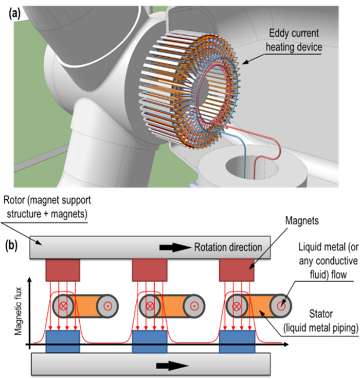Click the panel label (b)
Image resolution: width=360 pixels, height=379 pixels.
pyautogui.click(x=14, y=242)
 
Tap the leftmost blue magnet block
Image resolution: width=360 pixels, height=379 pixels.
pyautogui.click(x=63, y=342)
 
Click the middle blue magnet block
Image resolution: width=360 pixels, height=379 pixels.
pyautogui.click(x=150, y=342)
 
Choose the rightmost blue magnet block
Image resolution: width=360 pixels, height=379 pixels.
pyautogui.click(x=237, y=342)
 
